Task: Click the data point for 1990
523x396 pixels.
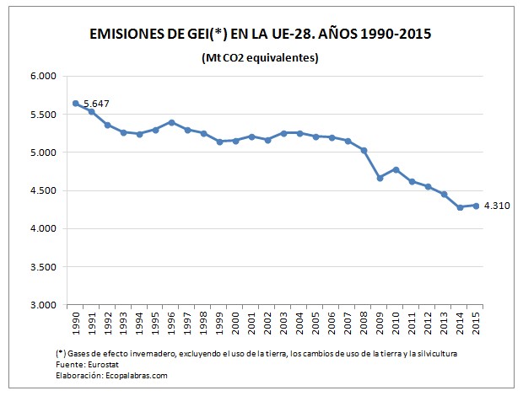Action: pyautogui.click(x=75, y=103)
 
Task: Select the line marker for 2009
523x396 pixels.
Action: pyautogui.click(x=380, y=178)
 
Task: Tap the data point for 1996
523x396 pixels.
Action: pyautogui.click(x=171, y=122)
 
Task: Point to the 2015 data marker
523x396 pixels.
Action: pyautogui.click(x=476, y=206)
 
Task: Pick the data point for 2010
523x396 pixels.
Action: pyautogui.click(x=396, y=169)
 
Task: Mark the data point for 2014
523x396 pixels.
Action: pyautogui.click(x=460, y=207)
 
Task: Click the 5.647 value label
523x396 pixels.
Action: pyautogui.click(x=97, y=104)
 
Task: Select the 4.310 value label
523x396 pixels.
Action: pyautogui.click(x=499, y=205)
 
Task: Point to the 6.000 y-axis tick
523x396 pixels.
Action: pyautogui.click(x=42, y=76)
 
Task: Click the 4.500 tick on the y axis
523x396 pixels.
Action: pyautogui.click(x=42, y=190)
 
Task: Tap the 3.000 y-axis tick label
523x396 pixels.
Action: pyautogui.click(x=42, y=305)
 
